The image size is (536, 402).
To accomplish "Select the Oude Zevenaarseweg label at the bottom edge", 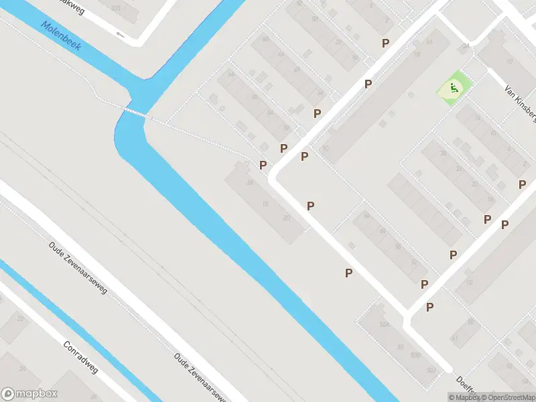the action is [x=200, y=377].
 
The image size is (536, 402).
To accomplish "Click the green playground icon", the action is [x=454, y=86].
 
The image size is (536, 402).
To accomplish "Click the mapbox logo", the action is [x=29, y=394].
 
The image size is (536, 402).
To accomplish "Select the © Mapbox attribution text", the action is [x=465, y=397].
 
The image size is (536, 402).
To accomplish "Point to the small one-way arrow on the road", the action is [x=121, y=34].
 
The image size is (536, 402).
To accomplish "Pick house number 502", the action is [x=431, y=370].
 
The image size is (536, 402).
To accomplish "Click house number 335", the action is [x=117, y=9].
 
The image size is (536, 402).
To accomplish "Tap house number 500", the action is [x=416, y=354].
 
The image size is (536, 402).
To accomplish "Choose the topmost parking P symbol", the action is [x=385, y=43].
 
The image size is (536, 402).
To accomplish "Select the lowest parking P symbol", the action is [x=430, y=307].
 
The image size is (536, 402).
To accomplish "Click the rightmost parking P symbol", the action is [x=522, y=184].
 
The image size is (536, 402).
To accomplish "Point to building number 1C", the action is [x=326, y=149].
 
